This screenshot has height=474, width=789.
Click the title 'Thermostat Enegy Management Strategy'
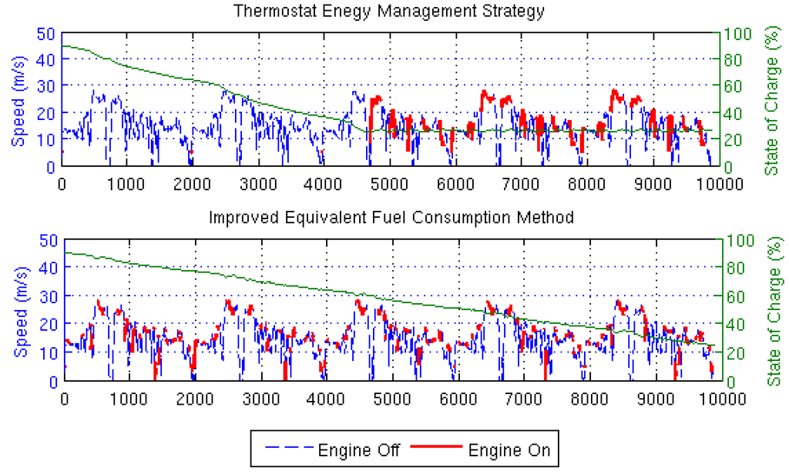pyautogui.click(x=389, y=12)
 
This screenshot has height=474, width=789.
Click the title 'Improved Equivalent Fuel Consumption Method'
pyautogui.click(x=391, y=218)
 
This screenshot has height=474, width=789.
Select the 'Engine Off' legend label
pyautogui.click(x=358, y=450)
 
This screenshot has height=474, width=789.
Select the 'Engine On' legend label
pyautogui.click(x=509, y=450)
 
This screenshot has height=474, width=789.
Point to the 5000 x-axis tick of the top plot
pyautogui.click(x=392, y=183)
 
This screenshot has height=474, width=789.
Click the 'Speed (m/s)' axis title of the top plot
pyautogui.click(x=18, y=100)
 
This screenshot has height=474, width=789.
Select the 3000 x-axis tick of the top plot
pyautogui.click(x=260, y=183)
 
